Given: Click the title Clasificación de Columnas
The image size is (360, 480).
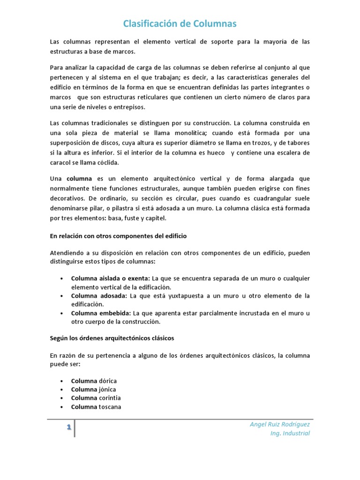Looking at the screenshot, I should (x=180, y=24).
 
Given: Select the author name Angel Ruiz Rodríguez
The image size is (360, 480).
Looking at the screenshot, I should (x=280, y=424).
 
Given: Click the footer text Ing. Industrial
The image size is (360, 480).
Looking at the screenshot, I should (x=290, y=434).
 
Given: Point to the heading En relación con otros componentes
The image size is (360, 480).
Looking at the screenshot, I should (x=118, y=236).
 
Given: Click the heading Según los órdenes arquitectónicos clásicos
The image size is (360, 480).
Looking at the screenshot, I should (x=112, y=338).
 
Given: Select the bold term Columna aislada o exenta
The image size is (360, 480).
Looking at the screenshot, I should (x=111, y=278).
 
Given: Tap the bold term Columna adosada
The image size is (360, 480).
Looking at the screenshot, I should (x=99, y=296).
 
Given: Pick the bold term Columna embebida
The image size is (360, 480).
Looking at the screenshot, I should (x=101, y=313).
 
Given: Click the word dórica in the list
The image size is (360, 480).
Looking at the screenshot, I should (x=108, y=381).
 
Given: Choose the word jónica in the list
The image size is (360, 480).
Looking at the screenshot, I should (x=107, y=390).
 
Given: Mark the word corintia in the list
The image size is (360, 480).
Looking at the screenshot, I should (x=109, y=398).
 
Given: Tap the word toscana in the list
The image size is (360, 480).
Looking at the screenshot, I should (x=110, y=407).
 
